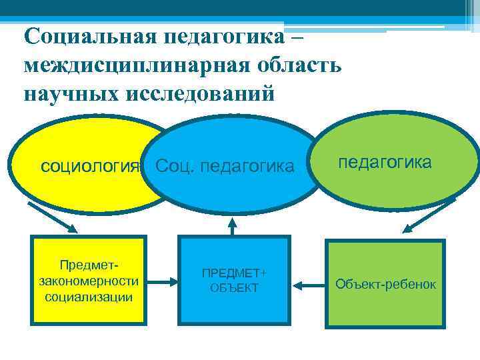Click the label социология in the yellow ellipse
point(89,165)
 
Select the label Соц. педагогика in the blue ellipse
point(225,165)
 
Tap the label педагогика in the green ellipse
point(385,162)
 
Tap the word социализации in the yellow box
point(89,296)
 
